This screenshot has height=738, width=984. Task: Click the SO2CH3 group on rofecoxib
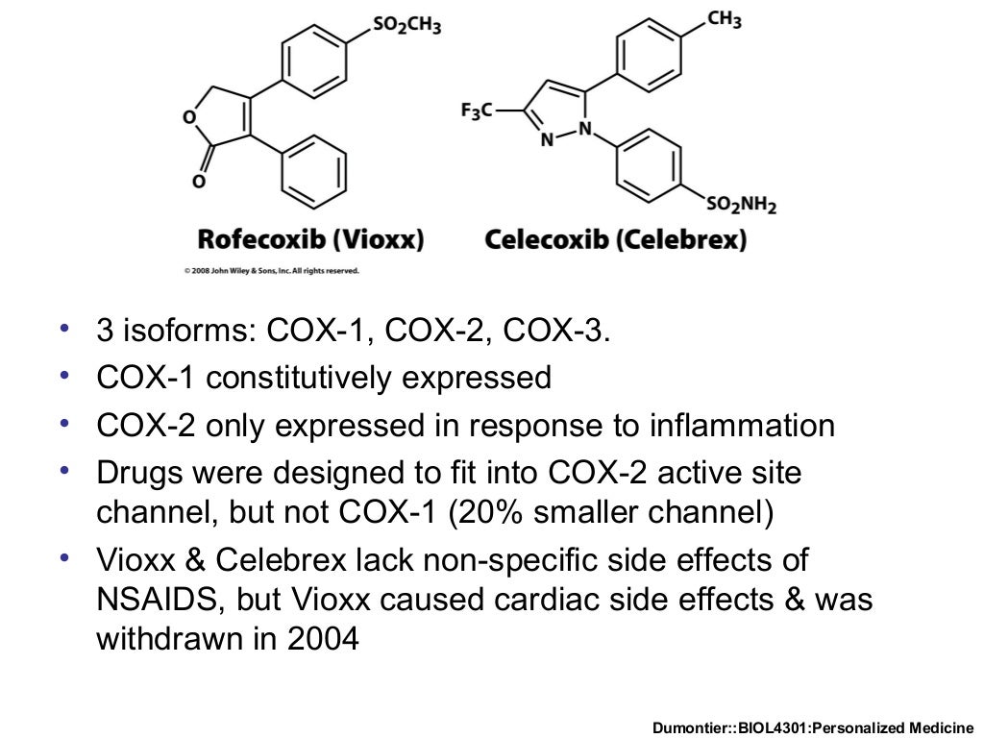point(406,26)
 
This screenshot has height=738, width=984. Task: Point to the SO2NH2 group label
point(741,206)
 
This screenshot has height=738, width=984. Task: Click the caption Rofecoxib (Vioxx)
point(310,239)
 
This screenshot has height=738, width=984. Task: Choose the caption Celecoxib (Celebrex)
point(615,239)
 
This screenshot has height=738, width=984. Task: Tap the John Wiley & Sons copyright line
point(272,271)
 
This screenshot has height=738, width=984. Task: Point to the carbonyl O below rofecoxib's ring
point(198,182)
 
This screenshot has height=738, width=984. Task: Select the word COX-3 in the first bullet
point(555,332)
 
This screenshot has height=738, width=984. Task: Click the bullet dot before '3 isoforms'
point(64,331)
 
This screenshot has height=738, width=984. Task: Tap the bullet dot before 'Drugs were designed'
point(64,472)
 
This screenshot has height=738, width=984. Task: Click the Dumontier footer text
point(813,727)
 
